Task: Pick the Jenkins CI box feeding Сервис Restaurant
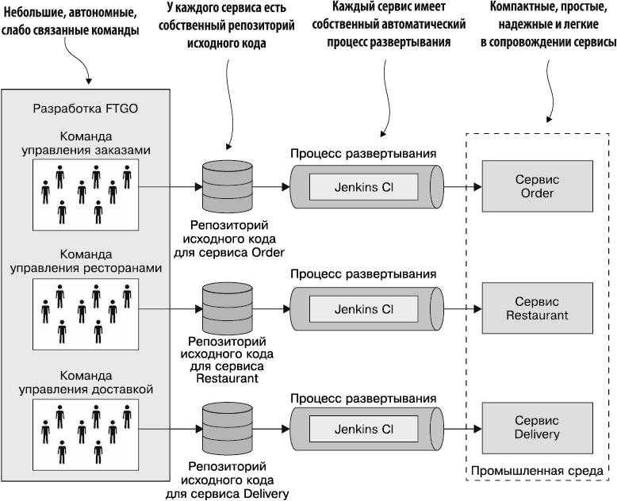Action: tap(363, 308)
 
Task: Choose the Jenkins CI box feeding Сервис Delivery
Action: tap(363, 429)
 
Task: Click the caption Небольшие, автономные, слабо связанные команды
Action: tap(69, 22)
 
